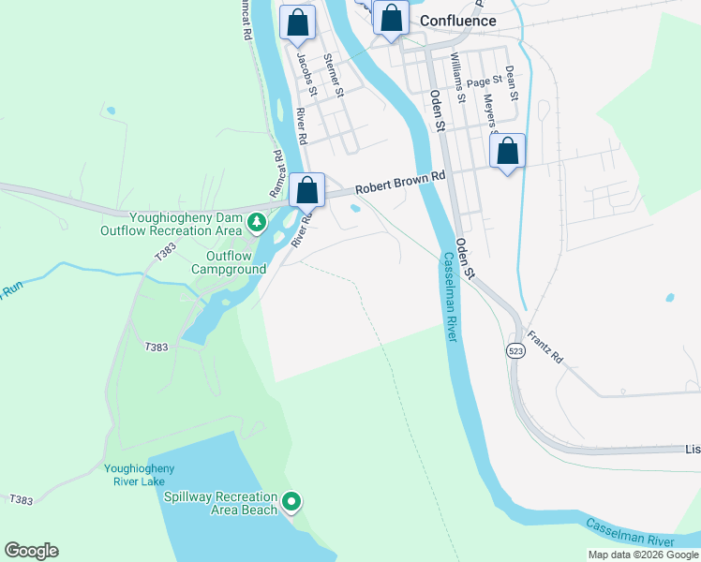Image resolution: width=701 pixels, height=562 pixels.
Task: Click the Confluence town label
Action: click(x=457, y=21)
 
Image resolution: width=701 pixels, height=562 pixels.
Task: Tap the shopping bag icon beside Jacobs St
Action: click(x=297, y=23)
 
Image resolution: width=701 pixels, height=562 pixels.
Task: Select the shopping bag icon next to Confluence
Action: click(x=391, y=19)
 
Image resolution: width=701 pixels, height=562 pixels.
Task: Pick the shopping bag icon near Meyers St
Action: click(x=507, y=152)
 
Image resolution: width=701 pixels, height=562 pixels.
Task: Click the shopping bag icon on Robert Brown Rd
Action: click(x=306, y=191)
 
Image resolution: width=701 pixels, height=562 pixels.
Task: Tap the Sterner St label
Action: click(x=333, y=75)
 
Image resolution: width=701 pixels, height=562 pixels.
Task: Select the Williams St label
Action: click(x=457, y=76)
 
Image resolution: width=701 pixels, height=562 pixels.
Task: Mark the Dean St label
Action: click(x=511, y=82)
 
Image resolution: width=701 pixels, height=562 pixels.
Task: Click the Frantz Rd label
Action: click(x=544, y=347)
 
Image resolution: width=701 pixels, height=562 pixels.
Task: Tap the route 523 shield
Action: click(x=515, y=350)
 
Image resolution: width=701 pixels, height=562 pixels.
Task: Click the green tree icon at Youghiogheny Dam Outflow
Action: click(x=256, y=223)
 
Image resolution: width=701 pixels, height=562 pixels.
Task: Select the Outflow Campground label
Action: click(x=229, y=262)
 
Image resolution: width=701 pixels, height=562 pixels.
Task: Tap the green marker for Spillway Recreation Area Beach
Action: click(x=291, y=503)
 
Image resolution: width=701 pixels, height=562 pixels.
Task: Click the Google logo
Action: click(x=31, y=551)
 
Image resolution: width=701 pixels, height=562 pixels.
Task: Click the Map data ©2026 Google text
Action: click(x=642, y=555)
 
